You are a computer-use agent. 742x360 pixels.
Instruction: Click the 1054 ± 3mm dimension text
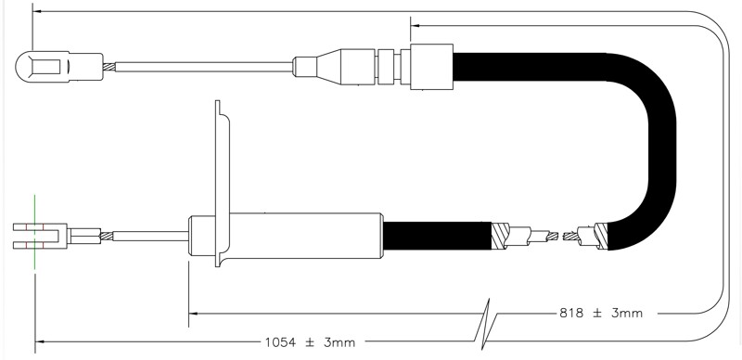click(x=310, y=342)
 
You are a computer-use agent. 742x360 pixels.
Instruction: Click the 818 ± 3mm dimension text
click(x=601, y=313)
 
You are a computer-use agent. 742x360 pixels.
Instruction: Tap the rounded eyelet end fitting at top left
click(x=59, y=67)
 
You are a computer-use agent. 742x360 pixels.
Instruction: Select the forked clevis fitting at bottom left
click(x=40, y=236)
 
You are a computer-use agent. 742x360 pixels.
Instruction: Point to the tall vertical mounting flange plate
click(x=223, y=184)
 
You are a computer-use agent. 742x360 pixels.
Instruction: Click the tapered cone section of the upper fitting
click(x=328, y=67)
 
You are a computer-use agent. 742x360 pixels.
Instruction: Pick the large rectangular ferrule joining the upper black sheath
click(x=431, y=67)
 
